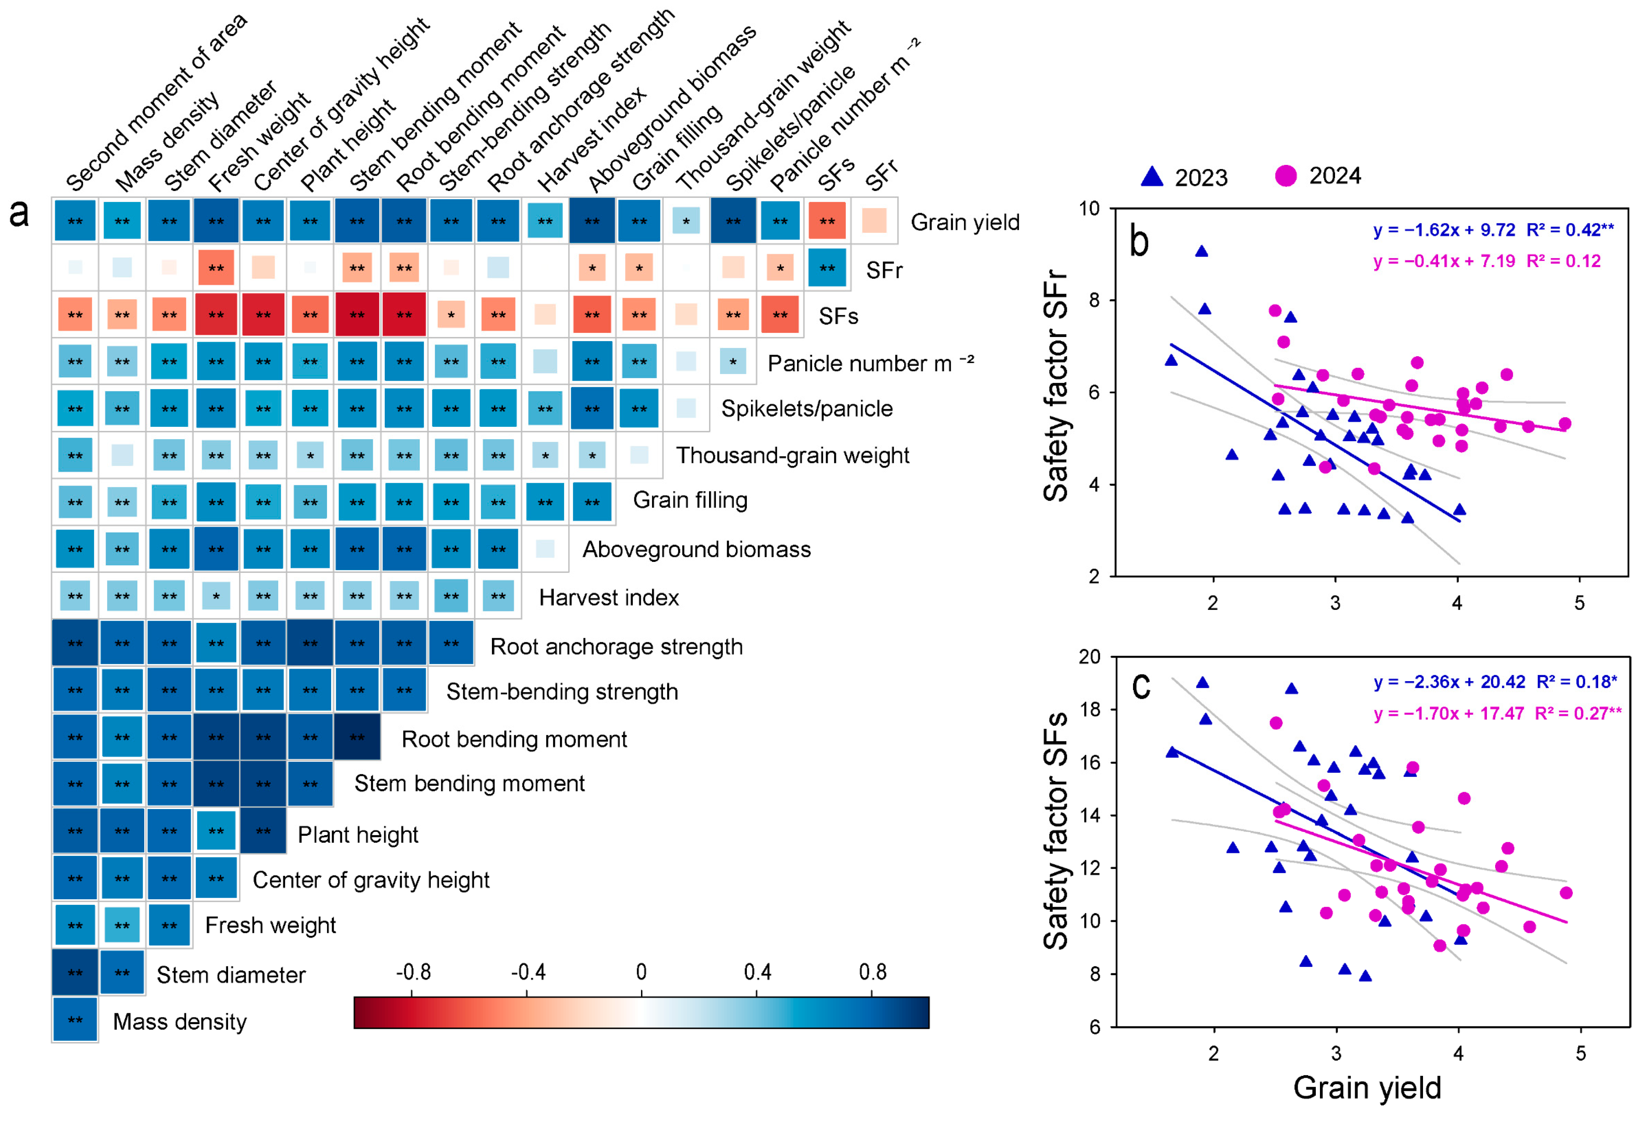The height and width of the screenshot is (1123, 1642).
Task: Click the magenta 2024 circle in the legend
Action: (1286, 175)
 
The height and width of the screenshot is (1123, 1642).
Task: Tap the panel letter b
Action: (1139, 242)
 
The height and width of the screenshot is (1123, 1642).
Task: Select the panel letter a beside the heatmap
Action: (19, 212)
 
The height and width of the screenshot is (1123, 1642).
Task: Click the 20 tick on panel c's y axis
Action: (1090, 657)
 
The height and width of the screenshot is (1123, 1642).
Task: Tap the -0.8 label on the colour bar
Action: (413, 972)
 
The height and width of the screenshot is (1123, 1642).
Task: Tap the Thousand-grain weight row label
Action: (792, 455)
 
